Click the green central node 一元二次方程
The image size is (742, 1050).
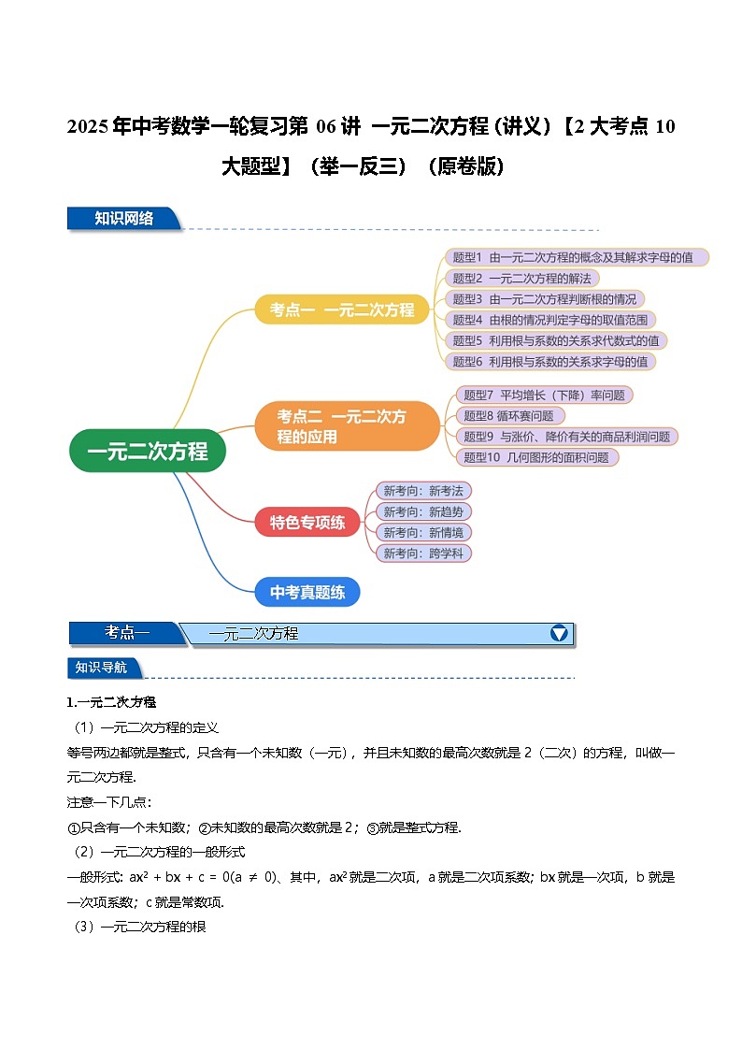coord(147,451)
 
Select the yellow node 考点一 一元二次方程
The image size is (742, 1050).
coord(341,309)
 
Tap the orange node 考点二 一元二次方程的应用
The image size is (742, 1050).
coord(347,426)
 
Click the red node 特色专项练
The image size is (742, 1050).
coord(307,522)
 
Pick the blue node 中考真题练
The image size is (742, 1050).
coord(307,592)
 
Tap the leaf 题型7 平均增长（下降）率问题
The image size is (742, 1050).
coord(544,395)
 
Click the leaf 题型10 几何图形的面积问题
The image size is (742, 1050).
coord(535,457)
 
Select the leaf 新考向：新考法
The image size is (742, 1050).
coord(422,491)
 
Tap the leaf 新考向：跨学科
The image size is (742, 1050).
coord(422,554)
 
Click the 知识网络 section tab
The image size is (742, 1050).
coord(123,219)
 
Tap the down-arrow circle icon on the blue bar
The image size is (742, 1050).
coord(559,633)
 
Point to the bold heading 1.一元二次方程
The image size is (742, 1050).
coord(111,702)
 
